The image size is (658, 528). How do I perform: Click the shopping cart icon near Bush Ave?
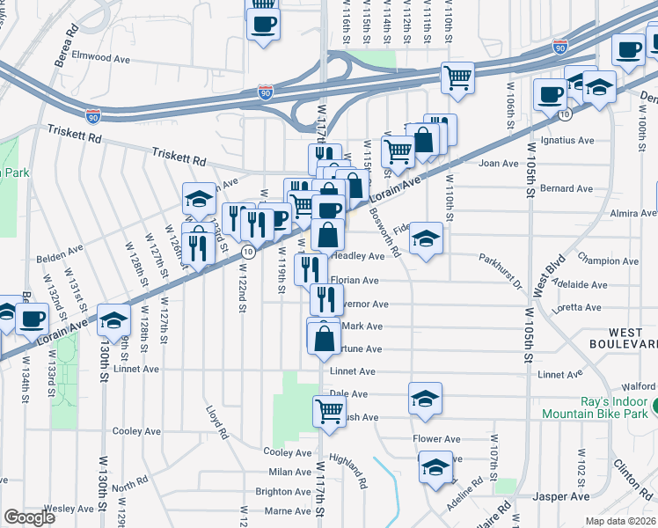329,410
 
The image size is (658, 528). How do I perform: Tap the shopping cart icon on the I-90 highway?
457,77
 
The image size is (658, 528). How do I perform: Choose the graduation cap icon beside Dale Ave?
425,398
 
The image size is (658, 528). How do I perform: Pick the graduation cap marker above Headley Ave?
426,238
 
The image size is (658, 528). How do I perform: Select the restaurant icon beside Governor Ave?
326,300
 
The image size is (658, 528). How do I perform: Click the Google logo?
30,517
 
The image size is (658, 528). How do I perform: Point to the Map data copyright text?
621,521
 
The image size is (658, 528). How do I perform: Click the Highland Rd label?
349,471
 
